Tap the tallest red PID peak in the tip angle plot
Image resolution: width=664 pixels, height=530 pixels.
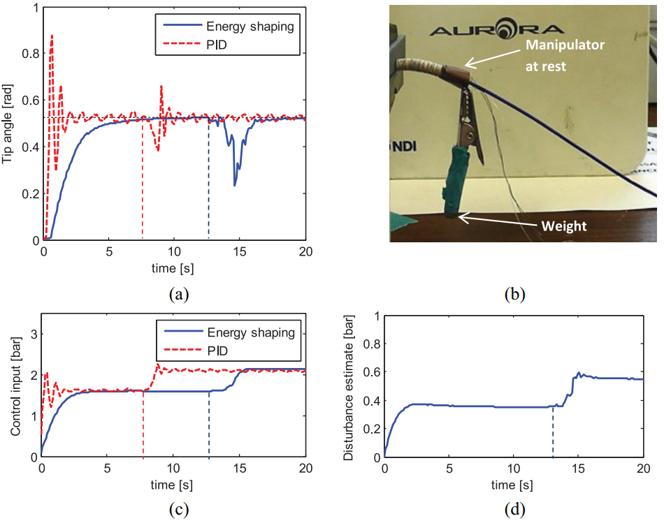click(x=52, y=35)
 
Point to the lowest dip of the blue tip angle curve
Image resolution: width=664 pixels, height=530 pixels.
click(x=235, y=185)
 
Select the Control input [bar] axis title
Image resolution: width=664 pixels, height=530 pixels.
click(x=15, y=387)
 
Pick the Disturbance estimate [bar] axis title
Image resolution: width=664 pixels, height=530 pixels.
click(x=349, y=386)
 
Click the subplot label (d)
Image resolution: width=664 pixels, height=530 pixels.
click(x=514, y=510)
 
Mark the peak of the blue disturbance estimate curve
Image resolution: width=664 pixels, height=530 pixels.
click(x=579, y=373)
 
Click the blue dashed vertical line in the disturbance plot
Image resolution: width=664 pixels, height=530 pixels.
click(x=553, y=432)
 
